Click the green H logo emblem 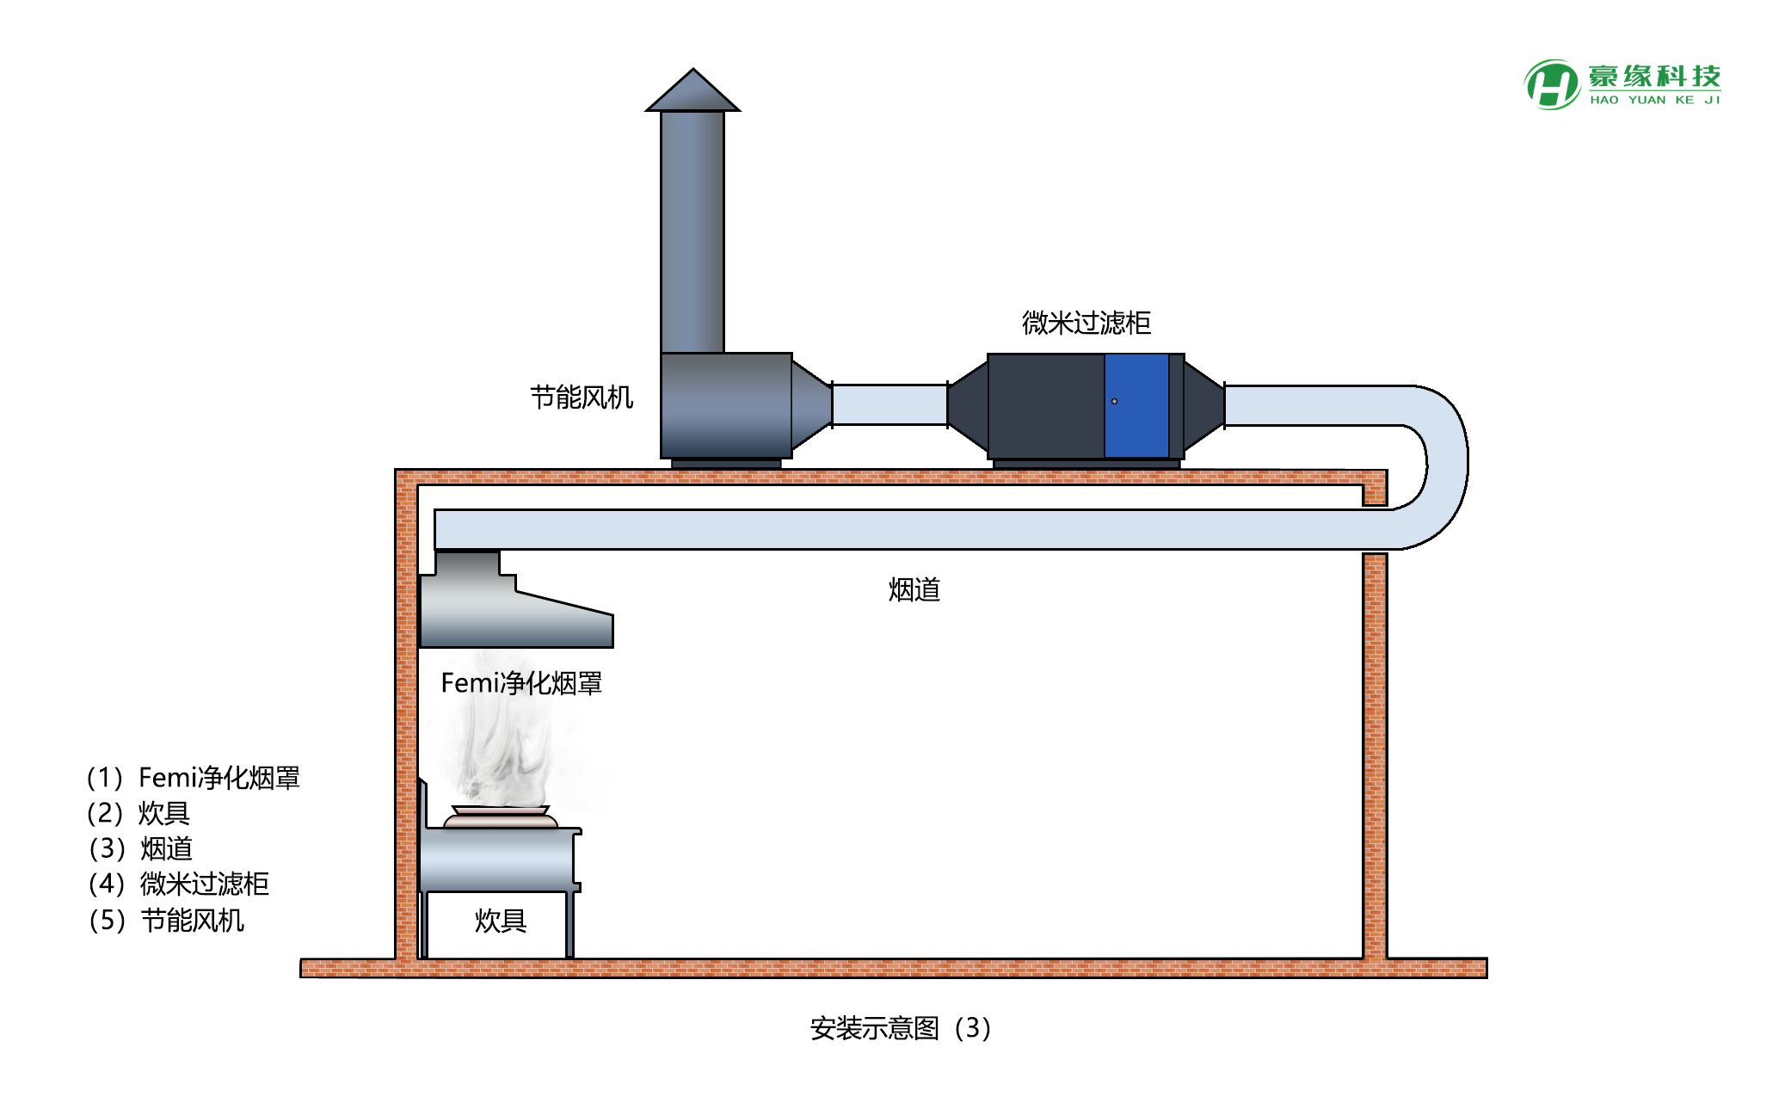[x=1552, y=84]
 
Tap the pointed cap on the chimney [x=692, y=90]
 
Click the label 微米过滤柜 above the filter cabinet [x=1086, y=323]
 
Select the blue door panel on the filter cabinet [x=1136, y=405]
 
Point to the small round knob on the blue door [x=1114, y=401]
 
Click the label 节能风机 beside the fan [x=582, y=398]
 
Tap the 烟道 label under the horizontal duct [x=914, y=590]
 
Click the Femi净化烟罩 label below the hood [x=521, y=683]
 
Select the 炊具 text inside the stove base [x=500, y=921]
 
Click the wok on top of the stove [x=500, y=817]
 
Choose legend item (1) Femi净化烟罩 [x=194, y=778]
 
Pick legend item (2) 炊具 [x=138, y=813]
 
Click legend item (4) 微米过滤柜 [x=179, y=884]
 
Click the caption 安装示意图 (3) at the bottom [x=901, y=1028]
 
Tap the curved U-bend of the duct [x=1448, y=465]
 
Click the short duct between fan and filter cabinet [x=889, y=404]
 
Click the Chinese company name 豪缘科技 [x=1654, y=76]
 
